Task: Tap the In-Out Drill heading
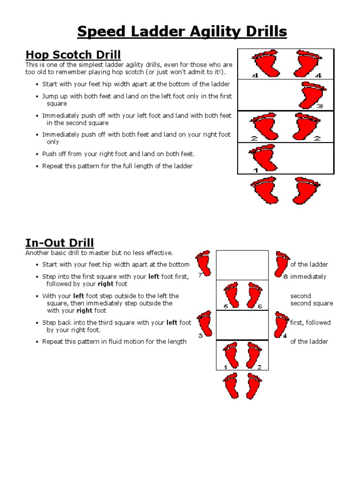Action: (x=60, y=243)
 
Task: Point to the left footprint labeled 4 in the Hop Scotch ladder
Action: (x=266, y=63)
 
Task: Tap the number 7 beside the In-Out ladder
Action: (x=200, y=276)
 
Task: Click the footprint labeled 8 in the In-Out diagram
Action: (x=281, y=263)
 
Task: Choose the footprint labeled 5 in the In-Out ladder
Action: (x=232, y=294)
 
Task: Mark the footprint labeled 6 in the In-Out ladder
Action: (x=254, y=294)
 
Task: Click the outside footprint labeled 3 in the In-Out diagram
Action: (x=204, y=323)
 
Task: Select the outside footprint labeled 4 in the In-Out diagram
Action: (x=281, y=323)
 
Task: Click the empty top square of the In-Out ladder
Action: (x=242, y=265)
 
